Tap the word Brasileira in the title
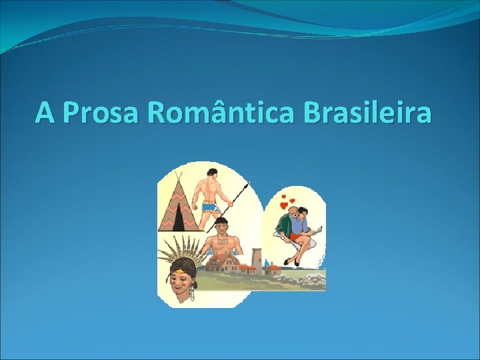[x=367, y=112]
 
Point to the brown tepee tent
[x=178, y=203]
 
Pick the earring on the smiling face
[x=192, y=291]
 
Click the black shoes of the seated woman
[x=291, y=261]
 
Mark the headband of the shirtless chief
[x=220, y=221]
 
